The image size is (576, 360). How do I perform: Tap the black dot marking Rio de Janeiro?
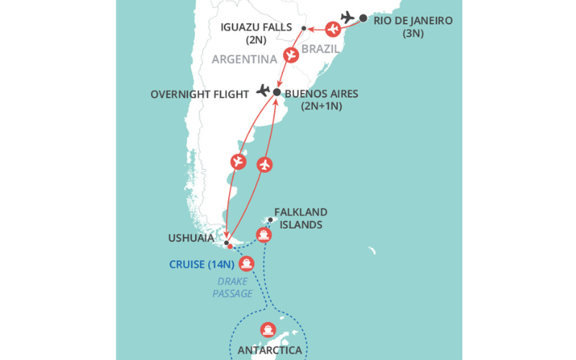[363, 18]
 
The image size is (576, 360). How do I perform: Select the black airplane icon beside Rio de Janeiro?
[348, 17]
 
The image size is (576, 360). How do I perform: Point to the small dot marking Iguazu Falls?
[304, 28]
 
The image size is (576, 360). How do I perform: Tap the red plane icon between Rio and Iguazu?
[333, 30]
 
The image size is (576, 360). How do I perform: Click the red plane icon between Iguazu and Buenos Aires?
[291, 55]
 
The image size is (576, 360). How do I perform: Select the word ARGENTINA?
[244, 59]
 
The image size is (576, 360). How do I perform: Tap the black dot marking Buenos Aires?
[276, 92]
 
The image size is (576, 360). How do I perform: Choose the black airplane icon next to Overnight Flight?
[263, 91]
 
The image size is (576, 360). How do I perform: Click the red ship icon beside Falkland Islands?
[264, 235]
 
